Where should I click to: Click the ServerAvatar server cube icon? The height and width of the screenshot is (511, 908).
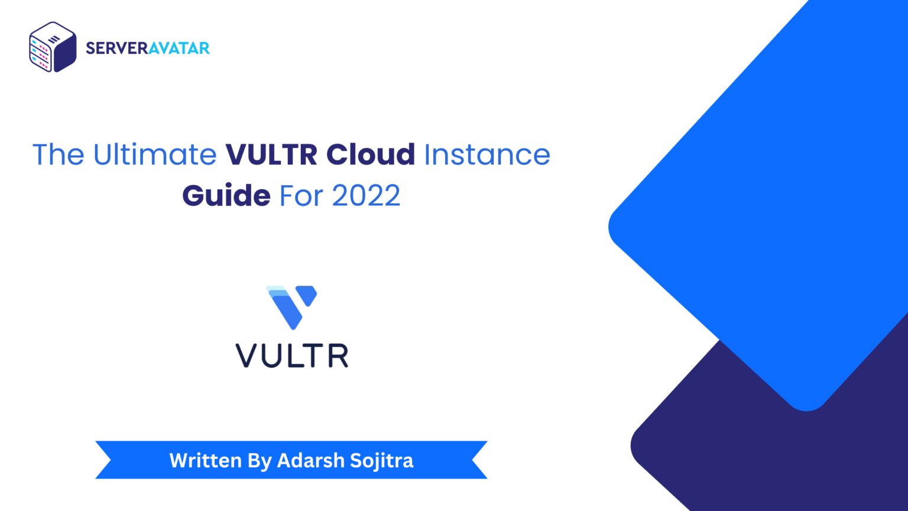click(53, 47)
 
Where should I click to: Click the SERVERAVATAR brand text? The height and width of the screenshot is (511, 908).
click(148, 48)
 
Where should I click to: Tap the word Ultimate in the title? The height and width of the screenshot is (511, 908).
click(155, 155)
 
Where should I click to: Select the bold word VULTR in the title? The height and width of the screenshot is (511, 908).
click(271, 155)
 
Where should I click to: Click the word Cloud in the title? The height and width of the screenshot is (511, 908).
click(371, 155)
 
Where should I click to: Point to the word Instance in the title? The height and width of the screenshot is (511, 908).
click(487, 155)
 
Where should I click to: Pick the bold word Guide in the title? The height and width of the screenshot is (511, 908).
click(226, 196)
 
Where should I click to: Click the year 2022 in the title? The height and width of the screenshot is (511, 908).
click(366, 196)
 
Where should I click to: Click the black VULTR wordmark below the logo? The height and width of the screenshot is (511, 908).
click(292, 355)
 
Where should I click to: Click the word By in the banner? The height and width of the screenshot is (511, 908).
click(260, 461)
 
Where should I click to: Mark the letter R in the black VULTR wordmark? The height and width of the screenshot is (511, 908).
click(338, 355)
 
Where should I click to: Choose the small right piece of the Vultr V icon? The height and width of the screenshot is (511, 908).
click(307, 294)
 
